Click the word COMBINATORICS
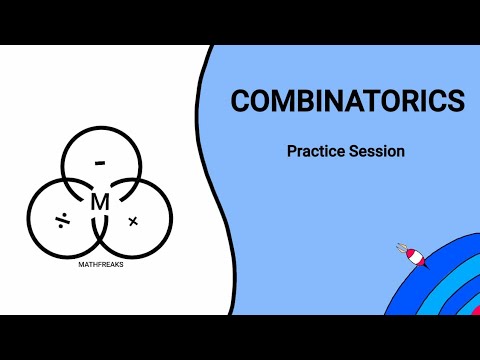(347, 101)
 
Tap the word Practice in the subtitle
(315, 153)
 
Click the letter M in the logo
(100, 202)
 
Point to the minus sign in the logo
(100, 162)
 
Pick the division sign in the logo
(62, 219)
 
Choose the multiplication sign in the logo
(133, 219)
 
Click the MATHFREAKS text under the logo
(100, 266)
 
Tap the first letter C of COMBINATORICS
(240, 101)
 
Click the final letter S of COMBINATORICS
(455, 101)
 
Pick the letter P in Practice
(291, 153)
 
